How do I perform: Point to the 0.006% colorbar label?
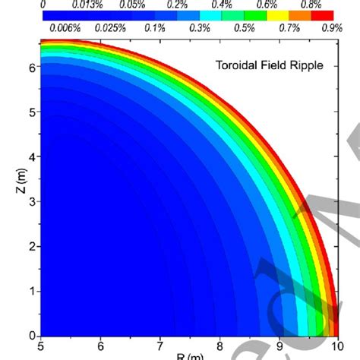(63, 28)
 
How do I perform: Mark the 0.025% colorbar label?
(112, 28)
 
